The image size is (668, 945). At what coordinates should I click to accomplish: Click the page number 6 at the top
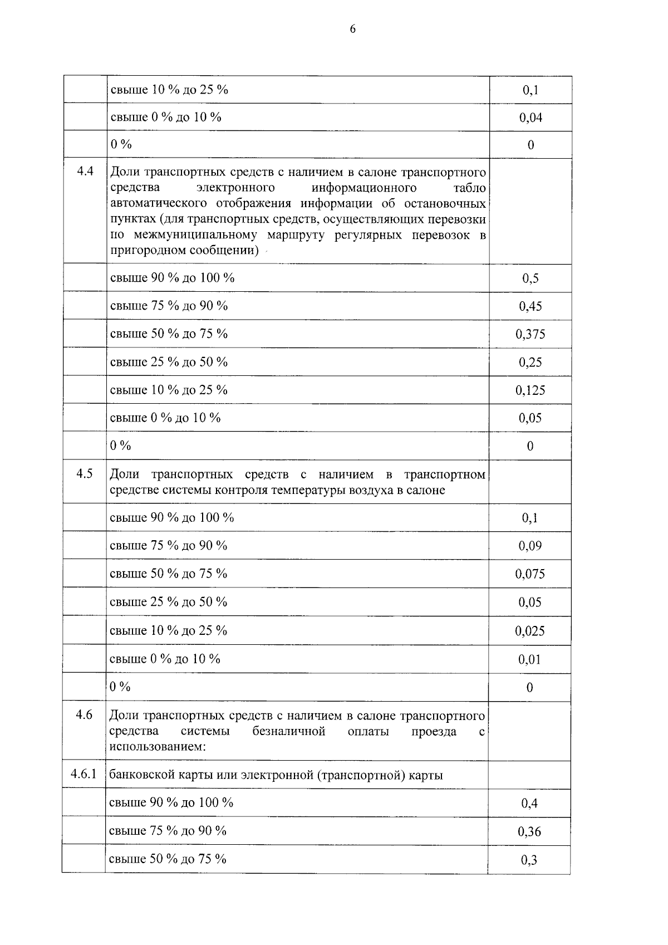(x=352, y=30)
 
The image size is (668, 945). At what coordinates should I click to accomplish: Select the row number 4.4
(x=85, y=172)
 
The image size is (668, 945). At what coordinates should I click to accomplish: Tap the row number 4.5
(x=85, y=474)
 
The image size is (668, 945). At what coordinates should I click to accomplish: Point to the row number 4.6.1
(x=84, y=774)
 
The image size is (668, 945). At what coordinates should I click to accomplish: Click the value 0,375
(x=531, y=334)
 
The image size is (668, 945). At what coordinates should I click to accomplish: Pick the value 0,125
(x=531, y=390)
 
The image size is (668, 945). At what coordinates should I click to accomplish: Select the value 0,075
(x=530, y=574)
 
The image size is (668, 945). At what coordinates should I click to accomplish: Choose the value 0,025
(x=530, y=631)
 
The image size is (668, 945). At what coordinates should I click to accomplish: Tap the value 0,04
(x=531, y=117)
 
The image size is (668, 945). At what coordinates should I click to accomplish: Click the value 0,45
(x=531, y=306)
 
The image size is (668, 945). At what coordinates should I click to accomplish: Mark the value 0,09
(x=530, y=546)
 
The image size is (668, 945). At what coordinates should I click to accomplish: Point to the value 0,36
(x=529, y=831)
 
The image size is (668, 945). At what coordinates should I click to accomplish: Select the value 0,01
(x=530, y=659)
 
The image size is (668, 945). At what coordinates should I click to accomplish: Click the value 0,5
(x=531, y=278)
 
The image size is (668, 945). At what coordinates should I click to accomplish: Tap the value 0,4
(x=529, y=803)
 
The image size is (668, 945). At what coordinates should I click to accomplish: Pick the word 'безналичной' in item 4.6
(x=288, y=731)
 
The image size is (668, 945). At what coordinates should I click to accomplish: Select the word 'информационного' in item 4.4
(x=364, y=188)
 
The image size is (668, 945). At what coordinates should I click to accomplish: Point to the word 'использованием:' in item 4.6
(x=158, y=746)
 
